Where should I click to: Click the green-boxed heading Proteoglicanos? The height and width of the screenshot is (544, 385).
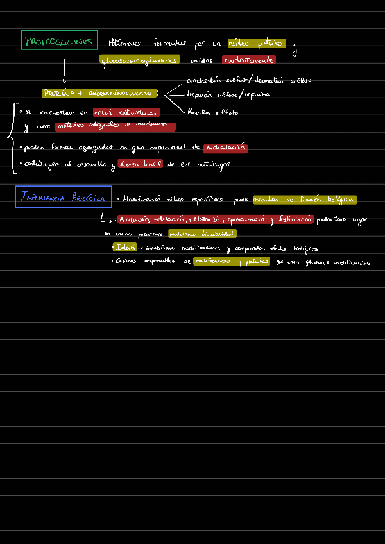(x=59, y=41)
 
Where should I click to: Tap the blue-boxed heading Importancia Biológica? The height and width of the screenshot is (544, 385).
(x=63, y=197)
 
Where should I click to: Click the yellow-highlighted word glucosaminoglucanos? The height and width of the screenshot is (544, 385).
(x=140, y=60)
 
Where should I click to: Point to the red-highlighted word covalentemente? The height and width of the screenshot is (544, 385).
(x=248, y=60)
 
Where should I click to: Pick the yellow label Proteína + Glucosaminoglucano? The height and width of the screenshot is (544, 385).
(x=99, y=93)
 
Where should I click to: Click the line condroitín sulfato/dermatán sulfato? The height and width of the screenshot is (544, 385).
(x=248, y=81)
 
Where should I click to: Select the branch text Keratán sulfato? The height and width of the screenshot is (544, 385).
(x=212, y=112)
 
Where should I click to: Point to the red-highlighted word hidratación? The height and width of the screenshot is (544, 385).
(x=225, y=148)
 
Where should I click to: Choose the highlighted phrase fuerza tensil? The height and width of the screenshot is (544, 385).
(x=140, y=164)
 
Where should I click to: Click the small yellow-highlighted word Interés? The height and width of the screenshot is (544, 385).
(x=124, y=248)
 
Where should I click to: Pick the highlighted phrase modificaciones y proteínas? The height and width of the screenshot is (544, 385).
(x=231, y=262)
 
